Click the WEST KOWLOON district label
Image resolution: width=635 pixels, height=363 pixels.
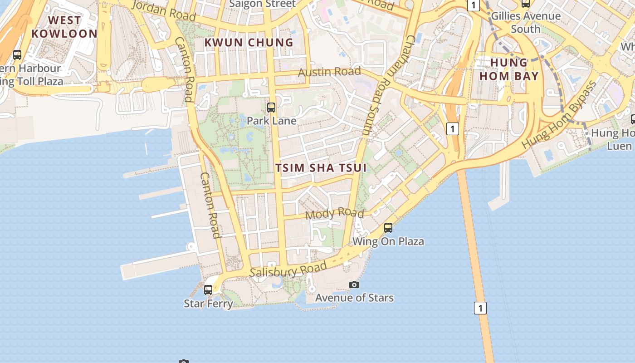click(x=64, y=27)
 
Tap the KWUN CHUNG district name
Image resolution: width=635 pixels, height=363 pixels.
click(x=249, y=43)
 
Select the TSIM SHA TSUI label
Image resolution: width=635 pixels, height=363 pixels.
click(x=321, y=168)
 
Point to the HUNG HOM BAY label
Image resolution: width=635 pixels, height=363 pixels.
click(x=509, y=69)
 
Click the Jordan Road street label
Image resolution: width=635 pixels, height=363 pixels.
click(x=163, y=10)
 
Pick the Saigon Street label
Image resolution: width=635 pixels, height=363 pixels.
click(x=262, y=4)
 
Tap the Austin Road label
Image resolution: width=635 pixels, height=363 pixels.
click(x=329, y=72)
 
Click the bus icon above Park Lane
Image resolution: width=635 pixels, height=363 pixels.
click(x=271, y=108)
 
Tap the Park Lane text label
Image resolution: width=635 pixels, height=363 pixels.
click(x=271, y=121)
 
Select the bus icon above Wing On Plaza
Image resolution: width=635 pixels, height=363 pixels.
click(x=388, y=228)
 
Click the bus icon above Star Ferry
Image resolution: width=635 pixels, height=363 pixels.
click(x=208, y=289)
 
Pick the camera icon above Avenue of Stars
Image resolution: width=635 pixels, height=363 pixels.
click(x=354, y=285)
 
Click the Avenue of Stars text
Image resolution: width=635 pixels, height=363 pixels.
click(x=354, y=298)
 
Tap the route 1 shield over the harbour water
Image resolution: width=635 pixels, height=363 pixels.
click(x=480, y=308)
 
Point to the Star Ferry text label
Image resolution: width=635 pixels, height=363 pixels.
click(x=208, y=303)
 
